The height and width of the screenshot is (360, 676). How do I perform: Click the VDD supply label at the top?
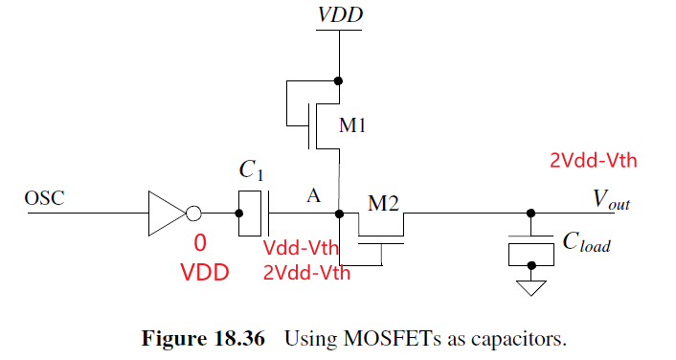coord(338,16)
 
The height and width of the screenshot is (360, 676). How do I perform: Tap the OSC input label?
coord(46,200)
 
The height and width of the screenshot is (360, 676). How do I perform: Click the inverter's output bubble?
coord(193,213)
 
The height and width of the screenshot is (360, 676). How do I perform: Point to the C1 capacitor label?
coord(250,170)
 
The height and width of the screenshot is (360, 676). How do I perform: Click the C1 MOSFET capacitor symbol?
coord(254,213)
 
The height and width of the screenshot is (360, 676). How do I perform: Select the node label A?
coord(312,195)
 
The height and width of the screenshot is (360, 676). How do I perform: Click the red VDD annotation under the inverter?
coord(204,272)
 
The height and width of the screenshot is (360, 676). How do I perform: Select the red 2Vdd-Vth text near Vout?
coord(593,160)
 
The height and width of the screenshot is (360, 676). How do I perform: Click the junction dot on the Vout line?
coord(532,213)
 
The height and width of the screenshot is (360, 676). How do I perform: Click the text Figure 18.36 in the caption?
coord(202,339)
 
